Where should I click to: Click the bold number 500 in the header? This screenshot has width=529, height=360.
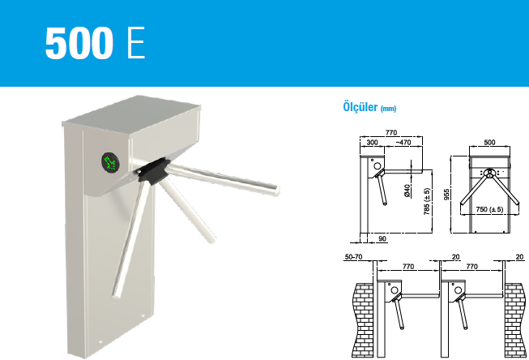79,43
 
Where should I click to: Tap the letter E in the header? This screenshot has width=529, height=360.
136,43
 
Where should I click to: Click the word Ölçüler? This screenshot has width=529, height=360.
360,107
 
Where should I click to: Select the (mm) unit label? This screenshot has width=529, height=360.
388,109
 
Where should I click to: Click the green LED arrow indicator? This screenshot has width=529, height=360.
110,162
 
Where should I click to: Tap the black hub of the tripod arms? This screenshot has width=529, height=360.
152,170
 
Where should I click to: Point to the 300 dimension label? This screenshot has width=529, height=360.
372,142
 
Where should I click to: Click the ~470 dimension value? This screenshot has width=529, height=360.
403,142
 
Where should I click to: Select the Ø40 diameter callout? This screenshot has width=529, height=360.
407,191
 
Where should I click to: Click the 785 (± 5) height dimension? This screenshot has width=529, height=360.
427,201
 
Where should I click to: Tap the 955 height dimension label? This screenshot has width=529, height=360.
446,195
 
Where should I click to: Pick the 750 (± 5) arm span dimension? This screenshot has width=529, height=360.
489,209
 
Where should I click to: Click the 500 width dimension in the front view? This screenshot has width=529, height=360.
489,142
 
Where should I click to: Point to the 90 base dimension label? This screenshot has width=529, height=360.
382,238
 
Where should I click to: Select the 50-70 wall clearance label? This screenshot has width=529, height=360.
353,257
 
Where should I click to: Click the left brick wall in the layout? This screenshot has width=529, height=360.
363,320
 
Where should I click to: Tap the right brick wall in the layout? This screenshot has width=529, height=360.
515,320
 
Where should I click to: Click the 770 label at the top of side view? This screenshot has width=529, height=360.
391,132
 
